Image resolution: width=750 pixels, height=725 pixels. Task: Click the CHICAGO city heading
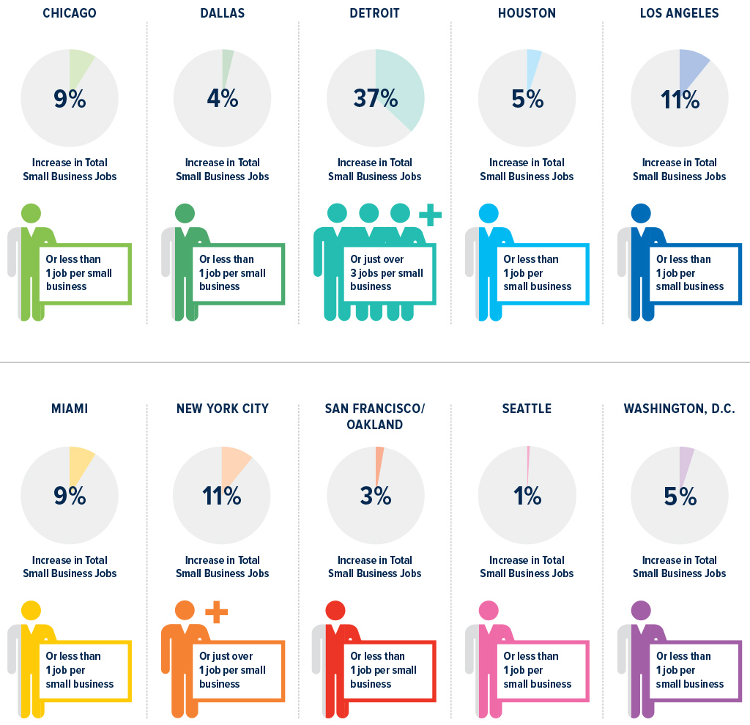click(70, 13)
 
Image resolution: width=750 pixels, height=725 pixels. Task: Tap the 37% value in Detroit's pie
click(375, 98)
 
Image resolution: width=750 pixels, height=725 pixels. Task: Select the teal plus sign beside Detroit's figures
click(430, 215)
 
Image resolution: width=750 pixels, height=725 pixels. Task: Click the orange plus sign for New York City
click(216, 611)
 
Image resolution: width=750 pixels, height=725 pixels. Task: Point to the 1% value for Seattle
click(527, 496)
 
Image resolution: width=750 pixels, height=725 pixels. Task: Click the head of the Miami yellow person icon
click(31, 610)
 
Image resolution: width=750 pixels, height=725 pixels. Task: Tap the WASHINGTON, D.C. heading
click(679, 409)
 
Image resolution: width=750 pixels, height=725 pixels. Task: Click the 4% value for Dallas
click(222, 98)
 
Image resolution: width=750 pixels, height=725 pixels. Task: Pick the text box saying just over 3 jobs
click(388, 273)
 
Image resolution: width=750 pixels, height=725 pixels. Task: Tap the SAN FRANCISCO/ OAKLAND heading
click(375, 417)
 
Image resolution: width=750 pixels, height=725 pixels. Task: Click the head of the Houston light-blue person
click(488, 213)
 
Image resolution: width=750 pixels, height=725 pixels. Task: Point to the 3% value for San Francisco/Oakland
click(375, 496)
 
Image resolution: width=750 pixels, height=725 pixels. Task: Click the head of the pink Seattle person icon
click(488, 610)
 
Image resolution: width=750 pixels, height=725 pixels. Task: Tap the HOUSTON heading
click(527, 13)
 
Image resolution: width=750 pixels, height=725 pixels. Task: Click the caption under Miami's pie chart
click(70, 567)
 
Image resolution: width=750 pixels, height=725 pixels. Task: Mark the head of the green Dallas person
click(184, 213)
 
